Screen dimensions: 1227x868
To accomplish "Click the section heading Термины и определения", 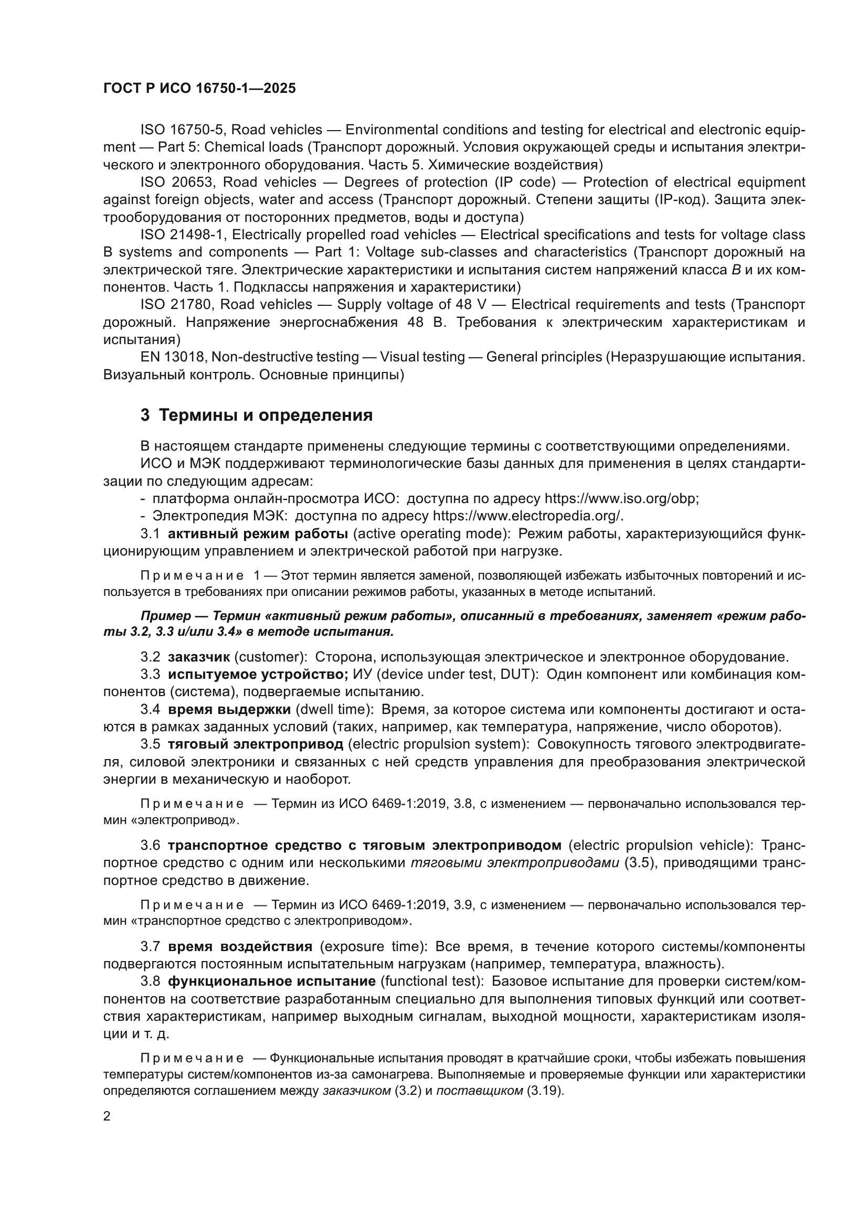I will click(x=257, y=415).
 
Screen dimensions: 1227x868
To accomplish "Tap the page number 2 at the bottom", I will click(x=107, y=1116).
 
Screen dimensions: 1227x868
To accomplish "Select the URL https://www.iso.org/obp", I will click(x=620, y=498).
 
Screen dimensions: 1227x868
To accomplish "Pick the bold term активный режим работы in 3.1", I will click(x=258, y=534).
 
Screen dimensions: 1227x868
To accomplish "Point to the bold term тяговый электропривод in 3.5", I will click(x=256, y=744).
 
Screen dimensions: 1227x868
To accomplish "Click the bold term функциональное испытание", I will click(x=271, y=981).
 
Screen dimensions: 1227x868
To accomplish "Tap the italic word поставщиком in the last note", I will click(x=480, y=1091).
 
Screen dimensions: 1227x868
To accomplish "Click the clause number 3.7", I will click(x=150, y=946).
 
